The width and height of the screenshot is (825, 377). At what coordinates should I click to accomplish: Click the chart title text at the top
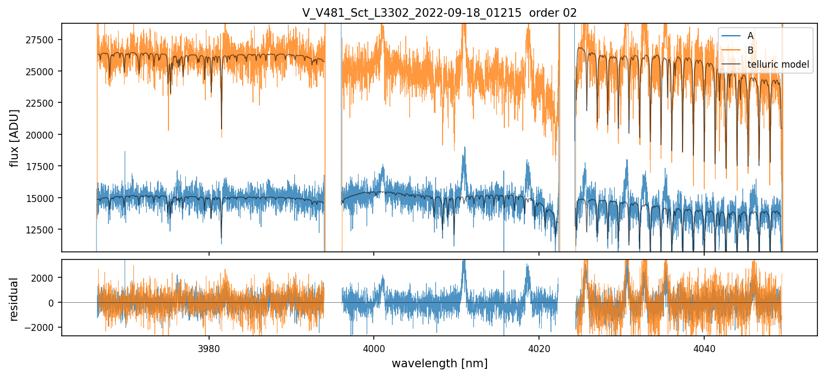click(439, 13)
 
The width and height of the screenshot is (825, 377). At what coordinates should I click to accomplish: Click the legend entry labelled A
click(750, 36)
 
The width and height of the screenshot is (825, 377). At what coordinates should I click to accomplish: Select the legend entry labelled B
click(750, 50)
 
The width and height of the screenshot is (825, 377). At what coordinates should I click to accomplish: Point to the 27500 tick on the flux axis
click(43, 40)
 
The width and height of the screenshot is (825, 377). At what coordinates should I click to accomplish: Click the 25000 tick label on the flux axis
click(43, 71)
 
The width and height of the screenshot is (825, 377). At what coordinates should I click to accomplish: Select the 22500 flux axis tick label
click(43, 103)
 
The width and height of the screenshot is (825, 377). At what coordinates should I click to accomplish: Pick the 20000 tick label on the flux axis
click(43, 135)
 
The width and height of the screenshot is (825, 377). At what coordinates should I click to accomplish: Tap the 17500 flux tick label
click(43, 166)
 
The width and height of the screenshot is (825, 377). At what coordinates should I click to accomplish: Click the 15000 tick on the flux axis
click(43, 198)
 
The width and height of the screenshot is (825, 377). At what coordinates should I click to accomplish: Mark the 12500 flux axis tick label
click(43, 230)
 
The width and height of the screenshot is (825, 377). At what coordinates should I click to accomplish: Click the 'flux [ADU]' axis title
click(15, 138)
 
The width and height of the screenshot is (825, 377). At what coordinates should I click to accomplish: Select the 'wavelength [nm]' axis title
click(439, 363)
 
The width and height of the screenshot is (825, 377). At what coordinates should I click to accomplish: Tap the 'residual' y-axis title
click(15, 298)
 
